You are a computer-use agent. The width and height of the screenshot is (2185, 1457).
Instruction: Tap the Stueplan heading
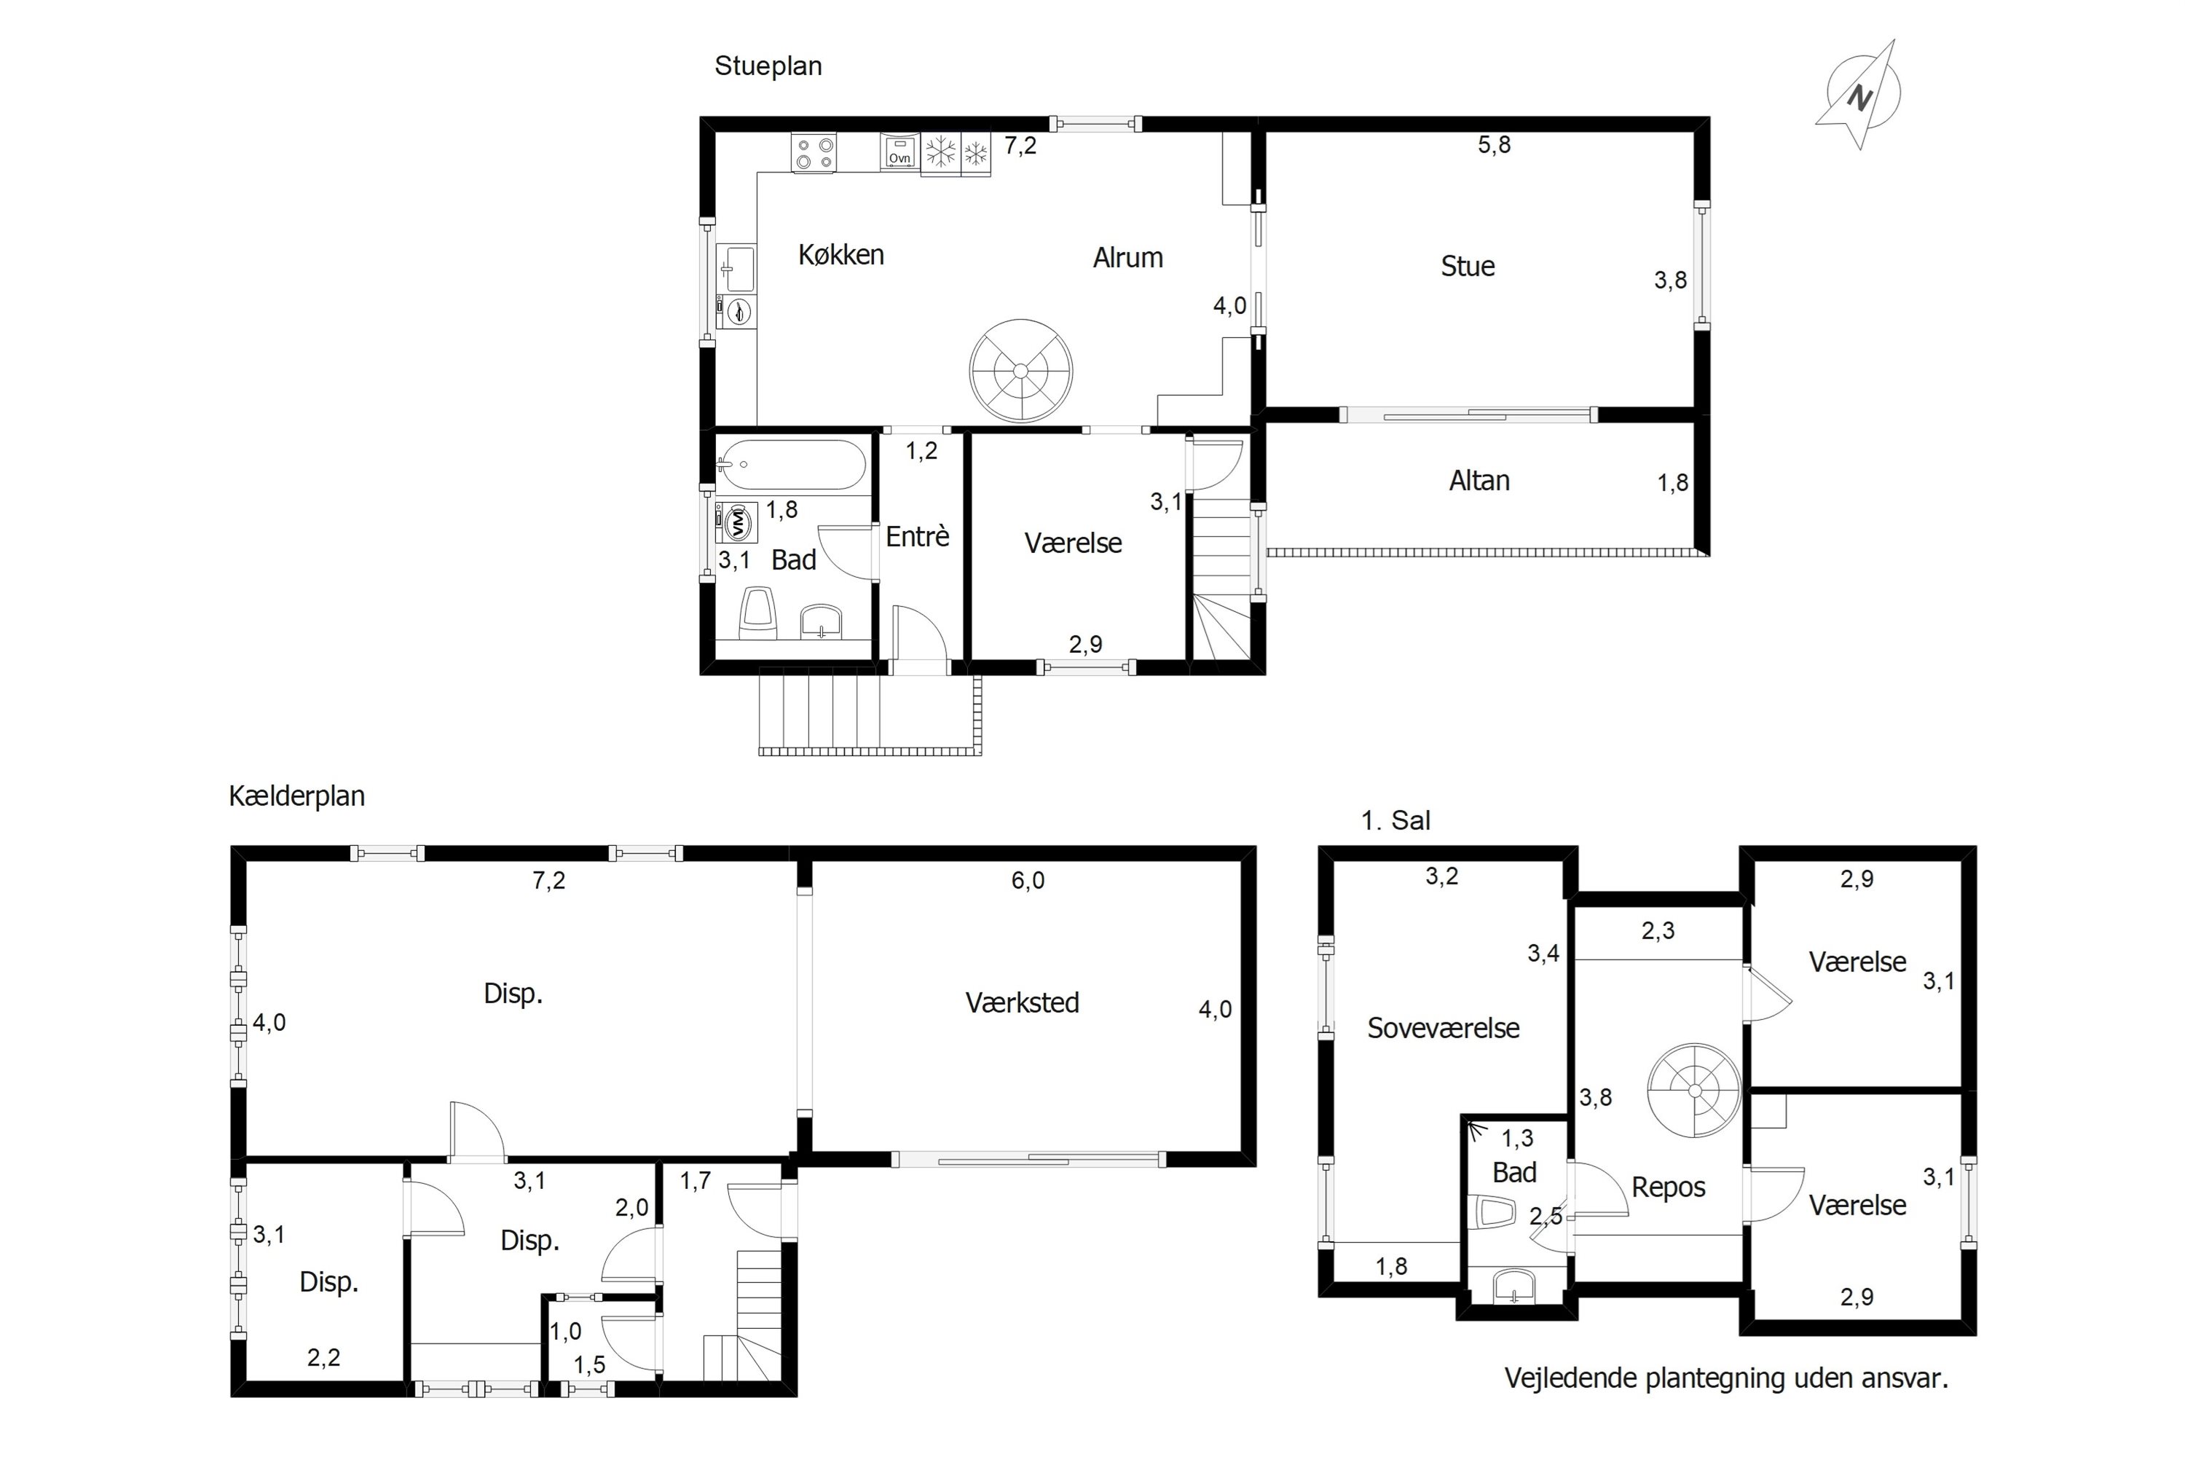[x=768, y=66]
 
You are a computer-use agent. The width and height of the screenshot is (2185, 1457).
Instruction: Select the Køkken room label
[x=840, y=254]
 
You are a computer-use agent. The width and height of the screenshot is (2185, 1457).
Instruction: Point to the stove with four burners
[x=814, y=152]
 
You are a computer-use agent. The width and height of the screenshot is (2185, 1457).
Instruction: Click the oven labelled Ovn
[x=899, y=152]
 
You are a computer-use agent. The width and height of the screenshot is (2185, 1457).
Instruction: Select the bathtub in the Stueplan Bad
[x=792, y=465]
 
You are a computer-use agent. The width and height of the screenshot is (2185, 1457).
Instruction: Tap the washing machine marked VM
[x=736, y=522]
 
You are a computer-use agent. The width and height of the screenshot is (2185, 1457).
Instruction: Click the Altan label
[x=1479, y=480]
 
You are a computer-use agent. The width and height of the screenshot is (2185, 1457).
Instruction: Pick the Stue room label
[x=1468, y=267]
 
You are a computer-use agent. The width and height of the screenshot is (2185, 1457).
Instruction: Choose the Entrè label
[x=917, y=536]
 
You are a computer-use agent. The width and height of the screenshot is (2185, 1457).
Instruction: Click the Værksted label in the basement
[x=1022, y=1002]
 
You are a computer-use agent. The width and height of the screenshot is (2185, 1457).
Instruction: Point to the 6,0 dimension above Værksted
[x=1028, y=881]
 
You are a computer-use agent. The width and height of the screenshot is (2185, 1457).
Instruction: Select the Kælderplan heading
[x=296, y=796]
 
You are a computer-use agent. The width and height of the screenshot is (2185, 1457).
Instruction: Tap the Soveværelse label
[x=1443, y=1028]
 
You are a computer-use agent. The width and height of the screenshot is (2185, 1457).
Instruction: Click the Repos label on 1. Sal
[x=1669, y=1187]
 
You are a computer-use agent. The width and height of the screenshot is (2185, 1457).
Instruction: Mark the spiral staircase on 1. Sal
[x=1695, y=1090]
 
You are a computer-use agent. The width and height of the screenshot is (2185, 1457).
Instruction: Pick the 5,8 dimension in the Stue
[x=1495, y=145]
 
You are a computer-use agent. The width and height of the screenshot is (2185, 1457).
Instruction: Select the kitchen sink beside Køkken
[x=736, y=267]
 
